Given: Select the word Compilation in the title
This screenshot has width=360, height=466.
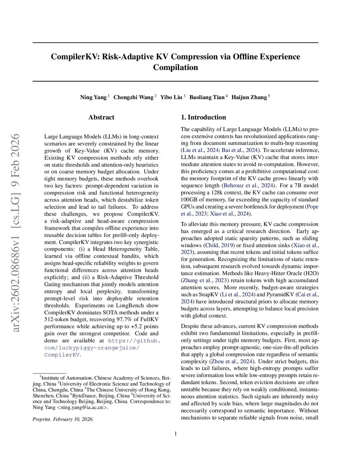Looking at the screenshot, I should [x=175, y=68].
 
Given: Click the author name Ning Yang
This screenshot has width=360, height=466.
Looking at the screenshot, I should [x=93, y=97].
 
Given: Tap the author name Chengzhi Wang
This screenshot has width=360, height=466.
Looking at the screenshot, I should [x=133, y=97].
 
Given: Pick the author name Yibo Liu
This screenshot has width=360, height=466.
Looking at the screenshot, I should [x=171, y=97].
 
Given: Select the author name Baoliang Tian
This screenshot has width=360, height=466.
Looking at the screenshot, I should [x=207, y=97].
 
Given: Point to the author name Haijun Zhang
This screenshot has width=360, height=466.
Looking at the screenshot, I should [x=249, y=97].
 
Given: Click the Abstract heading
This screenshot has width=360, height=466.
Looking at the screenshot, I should [x=101, y=117].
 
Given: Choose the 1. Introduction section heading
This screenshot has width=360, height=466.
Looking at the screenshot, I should [x=203, y=117].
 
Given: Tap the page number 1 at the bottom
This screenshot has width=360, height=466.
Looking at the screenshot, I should [x=175, y=434].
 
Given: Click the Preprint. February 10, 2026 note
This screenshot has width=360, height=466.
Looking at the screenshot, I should [x=63, y=419].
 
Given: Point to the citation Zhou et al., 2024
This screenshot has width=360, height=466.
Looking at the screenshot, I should [x=231, y=362].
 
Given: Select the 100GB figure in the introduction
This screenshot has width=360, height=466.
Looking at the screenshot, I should [x=189, y=200].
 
